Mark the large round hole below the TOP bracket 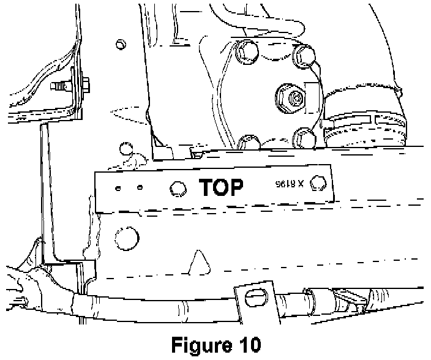coord(127,235)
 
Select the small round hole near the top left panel coord(121,45)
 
